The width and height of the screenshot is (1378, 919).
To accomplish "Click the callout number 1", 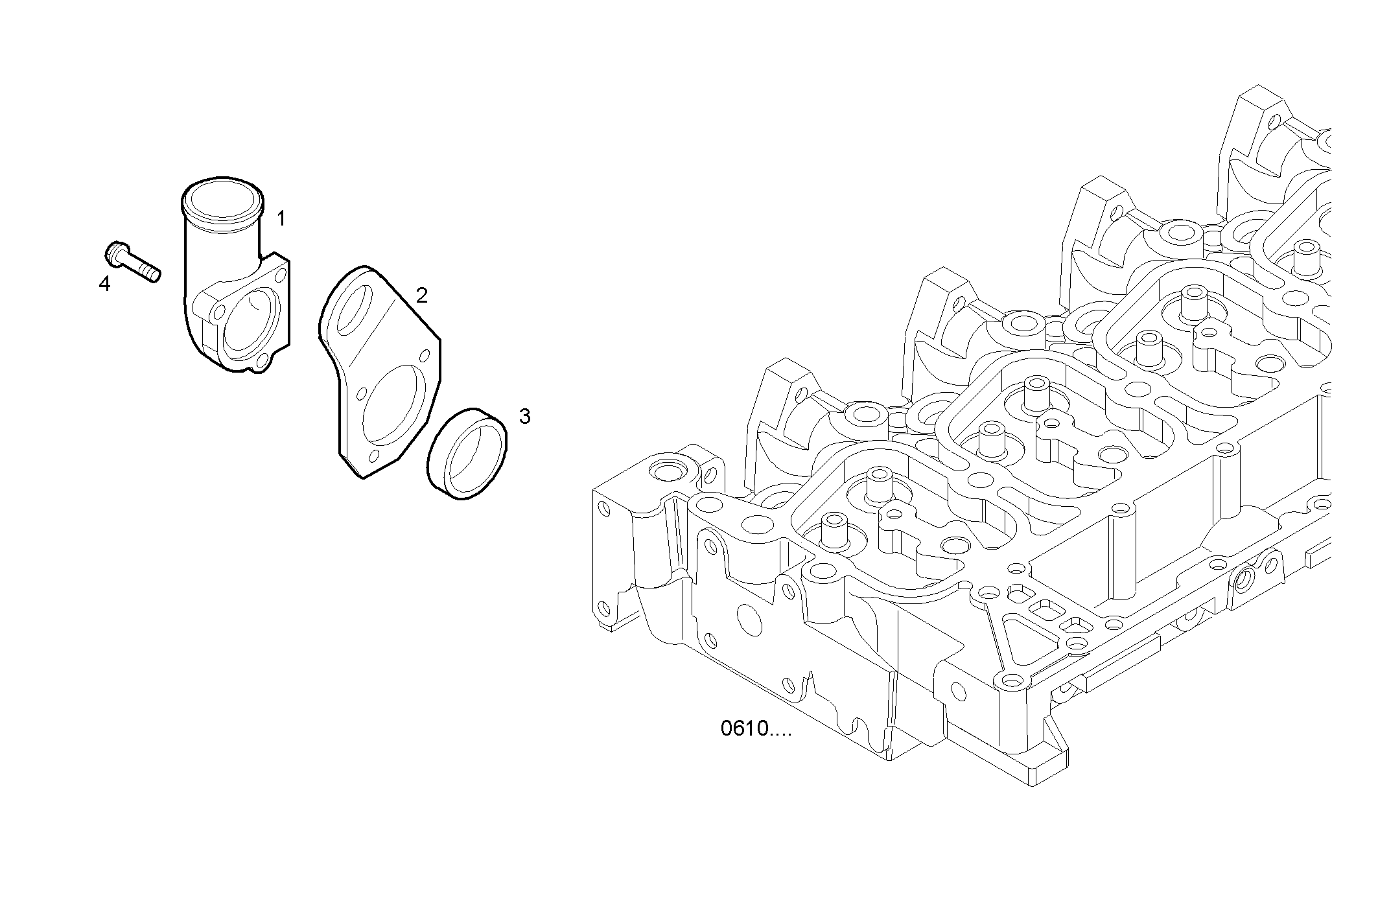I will [281, 218].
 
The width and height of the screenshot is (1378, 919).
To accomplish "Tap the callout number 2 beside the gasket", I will [421, 296].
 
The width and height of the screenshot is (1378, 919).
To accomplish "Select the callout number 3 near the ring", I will [524, 417].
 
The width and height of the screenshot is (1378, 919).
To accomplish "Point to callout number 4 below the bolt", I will [104, 284].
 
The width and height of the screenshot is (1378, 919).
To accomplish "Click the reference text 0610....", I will [755, 728].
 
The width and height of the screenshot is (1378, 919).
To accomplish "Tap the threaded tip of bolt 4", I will [154, 275].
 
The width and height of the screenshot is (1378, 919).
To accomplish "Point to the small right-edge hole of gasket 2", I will [426, 356].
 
